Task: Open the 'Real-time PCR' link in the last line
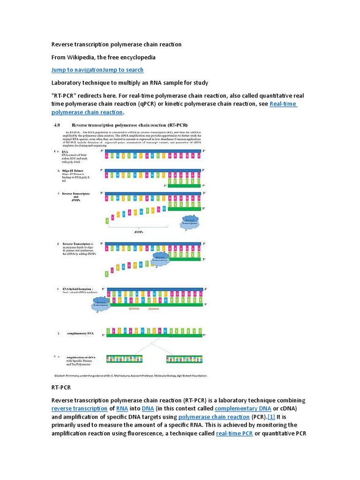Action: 234,433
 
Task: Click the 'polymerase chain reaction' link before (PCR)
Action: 214,417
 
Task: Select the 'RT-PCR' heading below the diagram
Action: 60,388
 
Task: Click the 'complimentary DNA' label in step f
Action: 80,333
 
